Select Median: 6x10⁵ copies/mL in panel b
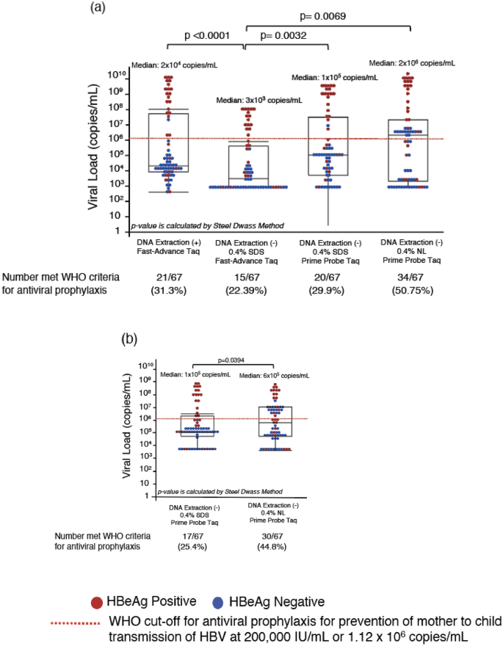pos(273,374)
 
